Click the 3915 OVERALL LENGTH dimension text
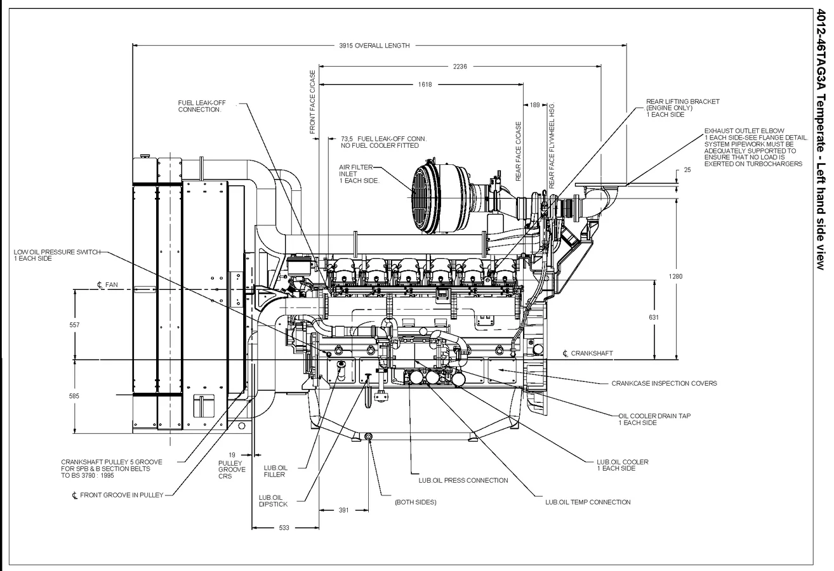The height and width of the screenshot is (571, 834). pyautogui.click(x=374, y=46)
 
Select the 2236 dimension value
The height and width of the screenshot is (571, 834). pyautogui.click(x=460, y=66)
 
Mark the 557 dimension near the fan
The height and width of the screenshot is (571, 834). pyautogui.click(x=75, y=324)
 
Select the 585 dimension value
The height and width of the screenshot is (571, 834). pyautogui.click(x=75, y=396)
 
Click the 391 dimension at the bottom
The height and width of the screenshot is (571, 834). pyautogui.click(x=343, y=509)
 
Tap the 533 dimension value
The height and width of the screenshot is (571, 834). pyautogui.click(x=285, y=527)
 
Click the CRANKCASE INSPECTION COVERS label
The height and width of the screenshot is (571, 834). pyautogui.click(x=664, y=383)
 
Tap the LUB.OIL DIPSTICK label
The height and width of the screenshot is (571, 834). pyautogui.click(x=273, y=501)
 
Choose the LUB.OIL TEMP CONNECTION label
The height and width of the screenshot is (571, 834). pyautogui.click(x=588, y=502)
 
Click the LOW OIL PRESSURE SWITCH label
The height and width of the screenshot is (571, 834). pyautogui.click(x=56, y=255)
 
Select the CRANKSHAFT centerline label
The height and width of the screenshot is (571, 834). pyautogui.click(x=590, y=353)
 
